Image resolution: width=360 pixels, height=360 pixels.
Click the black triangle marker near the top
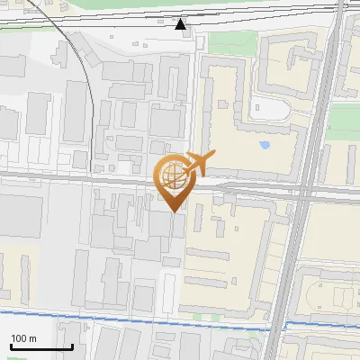181,23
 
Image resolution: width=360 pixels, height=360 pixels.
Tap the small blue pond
265,144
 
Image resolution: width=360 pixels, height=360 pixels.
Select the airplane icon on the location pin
199,165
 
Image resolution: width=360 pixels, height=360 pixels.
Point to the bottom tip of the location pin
174,211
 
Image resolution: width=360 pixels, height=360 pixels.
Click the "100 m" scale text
23,338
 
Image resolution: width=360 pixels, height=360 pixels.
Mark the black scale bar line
41,347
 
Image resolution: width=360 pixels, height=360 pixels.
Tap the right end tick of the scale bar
72,345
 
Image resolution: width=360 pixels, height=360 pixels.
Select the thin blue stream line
135,319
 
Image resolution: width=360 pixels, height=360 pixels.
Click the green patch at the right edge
346,117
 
